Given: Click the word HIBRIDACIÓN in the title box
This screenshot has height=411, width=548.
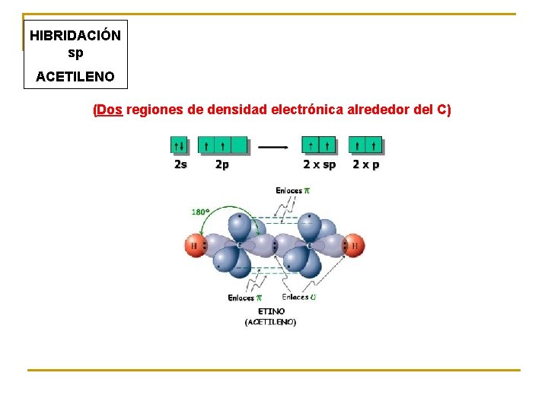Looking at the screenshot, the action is (75, 36).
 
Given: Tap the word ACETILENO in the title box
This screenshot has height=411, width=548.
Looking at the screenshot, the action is (75, 76).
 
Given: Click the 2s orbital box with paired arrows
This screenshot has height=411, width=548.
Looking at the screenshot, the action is (180, 145).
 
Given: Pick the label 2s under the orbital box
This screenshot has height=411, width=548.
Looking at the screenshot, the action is (180, 164).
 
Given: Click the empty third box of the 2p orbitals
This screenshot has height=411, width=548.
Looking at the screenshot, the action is (239, 145).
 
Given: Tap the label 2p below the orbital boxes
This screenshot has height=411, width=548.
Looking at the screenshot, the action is (221, 164).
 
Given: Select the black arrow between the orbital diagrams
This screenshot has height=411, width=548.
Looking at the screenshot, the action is (272, 145).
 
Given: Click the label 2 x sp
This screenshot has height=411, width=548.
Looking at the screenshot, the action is (319, 164).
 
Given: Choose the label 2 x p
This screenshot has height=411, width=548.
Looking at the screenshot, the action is (365, 164).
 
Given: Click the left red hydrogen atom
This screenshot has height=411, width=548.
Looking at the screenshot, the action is (195, 246).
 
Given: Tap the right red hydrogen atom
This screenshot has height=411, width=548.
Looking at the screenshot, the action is (353, 246).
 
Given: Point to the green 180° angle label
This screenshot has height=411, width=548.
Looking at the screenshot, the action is (201, 212).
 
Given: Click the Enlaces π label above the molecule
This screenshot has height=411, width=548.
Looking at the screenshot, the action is (293, 190).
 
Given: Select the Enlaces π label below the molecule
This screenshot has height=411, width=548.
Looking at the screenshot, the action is (244, 298).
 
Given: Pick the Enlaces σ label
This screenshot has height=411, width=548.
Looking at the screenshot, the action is (298, 297).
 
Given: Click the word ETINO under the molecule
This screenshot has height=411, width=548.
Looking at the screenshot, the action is (271, 311).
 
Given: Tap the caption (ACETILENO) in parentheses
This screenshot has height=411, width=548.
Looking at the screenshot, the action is (270, 322).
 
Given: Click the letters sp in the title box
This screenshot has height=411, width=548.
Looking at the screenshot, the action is (75, 53).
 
